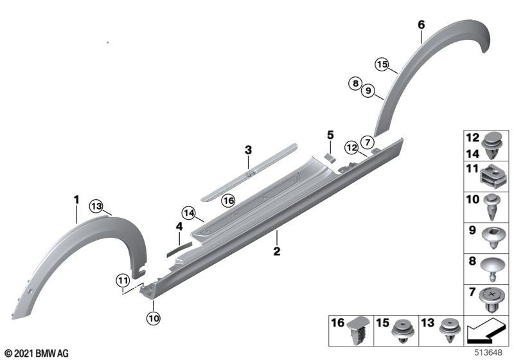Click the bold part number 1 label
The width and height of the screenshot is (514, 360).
(x=76, y=200)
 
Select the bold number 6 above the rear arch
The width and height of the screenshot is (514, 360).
(x=421, y=24)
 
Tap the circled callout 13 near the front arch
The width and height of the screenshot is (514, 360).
(x=96, y=206)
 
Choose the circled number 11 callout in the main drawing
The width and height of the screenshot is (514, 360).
(x=123, y=279)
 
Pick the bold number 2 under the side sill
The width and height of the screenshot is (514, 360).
(x=277, y=251)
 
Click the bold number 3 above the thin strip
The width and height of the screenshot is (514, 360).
(x=247, y=150)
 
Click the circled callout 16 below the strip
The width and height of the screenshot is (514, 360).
(x=229, y=201)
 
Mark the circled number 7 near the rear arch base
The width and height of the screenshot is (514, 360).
(x=367, y=141)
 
